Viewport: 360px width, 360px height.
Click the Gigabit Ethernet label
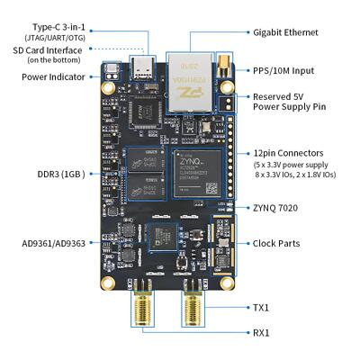click(285, 32)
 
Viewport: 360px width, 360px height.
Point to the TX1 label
click(261, 307)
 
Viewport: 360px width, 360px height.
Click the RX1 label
click(261, 332)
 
